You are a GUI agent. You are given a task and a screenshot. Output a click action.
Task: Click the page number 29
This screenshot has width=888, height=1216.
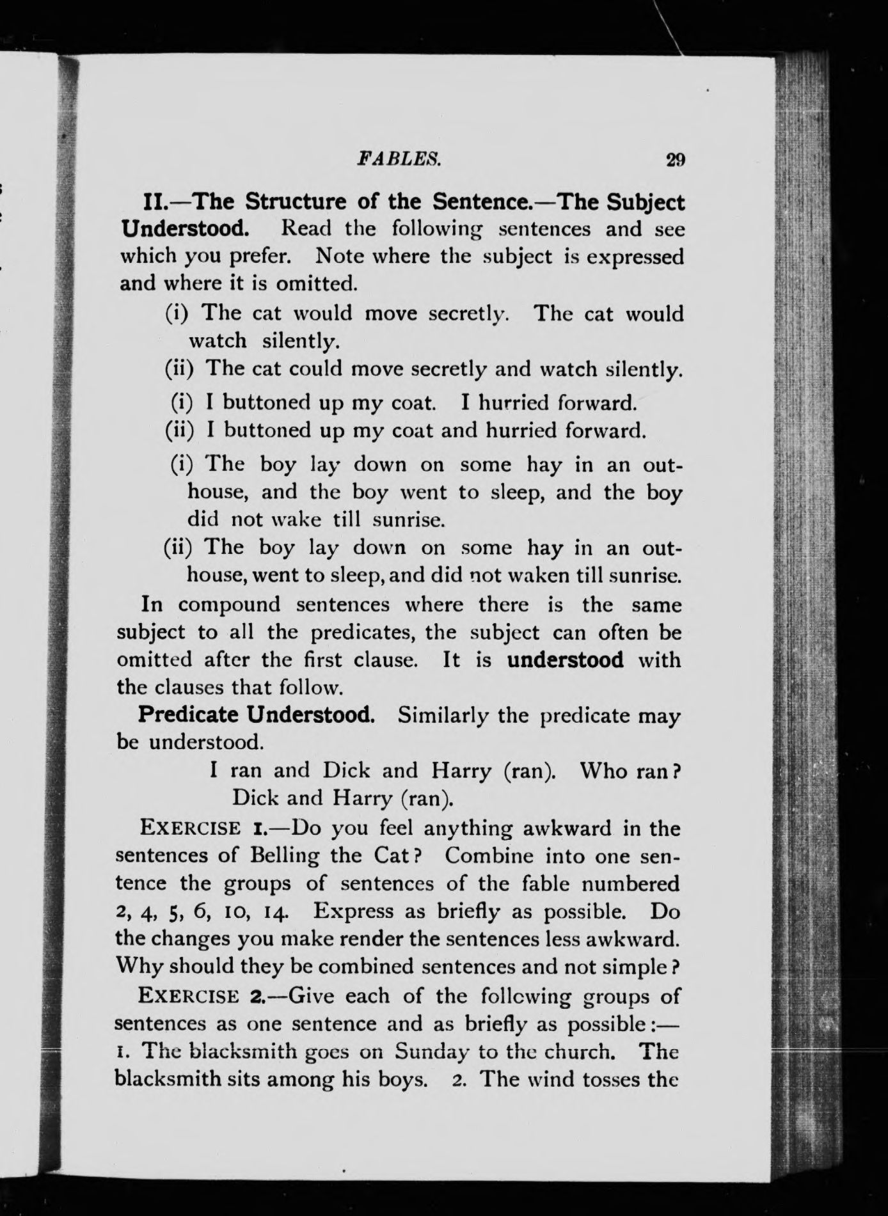(676, 159)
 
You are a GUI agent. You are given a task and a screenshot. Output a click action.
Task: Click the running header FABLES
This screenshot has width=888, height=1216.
(400, 157)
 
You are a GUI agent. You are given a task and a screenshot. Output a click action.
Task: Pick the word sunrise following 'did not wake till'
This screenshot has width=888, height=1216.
(408, 519)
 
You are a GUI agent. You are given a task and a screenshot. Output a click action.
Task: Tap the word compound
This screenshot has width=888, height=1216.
(228, 604)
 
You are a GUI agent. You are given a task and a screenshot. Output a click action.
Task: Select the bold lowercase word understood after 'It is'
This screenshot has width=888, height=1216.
(565, 659)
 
